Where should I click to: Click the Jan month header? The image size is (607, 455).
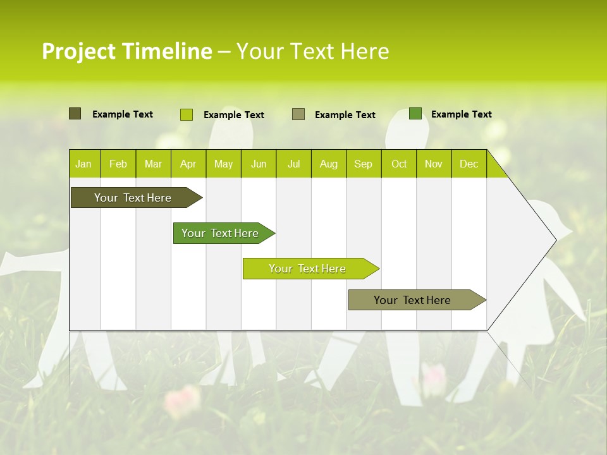83,164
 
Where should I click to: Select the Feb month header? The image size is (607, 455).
118,164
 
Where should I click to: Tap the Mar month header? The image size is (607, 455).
153,164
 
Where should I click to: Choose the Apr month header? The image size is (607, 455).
188,164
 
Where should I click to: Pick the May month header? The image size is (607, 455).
223,164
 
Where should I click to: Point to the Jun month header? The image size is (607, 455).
259,164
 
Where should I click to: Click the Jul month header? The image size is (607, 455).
293,164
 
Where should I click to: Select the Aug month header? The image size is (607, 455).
329,164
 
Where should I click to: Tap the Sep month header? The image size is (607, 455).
364,164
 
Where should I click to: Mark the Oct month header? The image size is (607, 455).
399,164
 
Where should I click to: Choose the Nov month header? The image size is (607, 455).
434,164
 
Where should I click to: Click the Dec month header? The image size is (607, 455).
469,164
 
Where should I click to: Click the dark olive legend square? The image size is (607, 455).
75,114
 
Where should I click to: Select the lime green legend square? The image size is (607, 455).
187,114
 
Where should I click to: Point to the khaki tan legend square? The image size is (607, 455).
298,114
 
